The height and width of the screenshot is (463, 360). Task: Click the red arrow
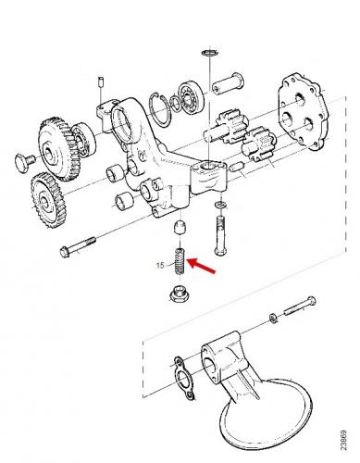point(202,266)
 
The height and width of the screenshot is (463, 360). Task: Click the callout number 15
point(160,265)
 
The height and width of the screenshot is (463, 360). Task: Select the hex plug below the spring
point(180,294)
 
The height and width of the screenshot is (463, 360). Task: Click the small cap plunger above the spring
point(180,227)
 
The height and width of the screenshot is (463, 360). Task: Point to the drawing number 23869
point(344,441)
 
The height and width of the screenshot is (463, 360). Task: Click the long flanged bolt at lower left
point(78,246)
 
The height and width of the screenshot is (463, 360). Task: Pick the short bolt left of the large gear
point(25,161)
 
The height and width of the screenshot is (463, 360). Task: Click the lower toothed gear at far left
point(48,200)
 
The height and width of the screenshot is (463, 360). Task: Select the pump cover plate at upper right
point(303,111)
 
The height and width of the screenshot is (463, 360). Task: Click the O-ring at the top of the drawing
point(210,52)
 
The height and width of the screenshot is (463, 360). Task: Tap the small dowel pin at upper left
point(100,81)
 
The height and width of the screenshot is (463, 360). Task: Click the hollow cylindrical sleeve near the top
point(228,82)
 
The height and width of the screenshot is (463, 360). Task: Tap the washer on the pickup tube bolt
point(273,318)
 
